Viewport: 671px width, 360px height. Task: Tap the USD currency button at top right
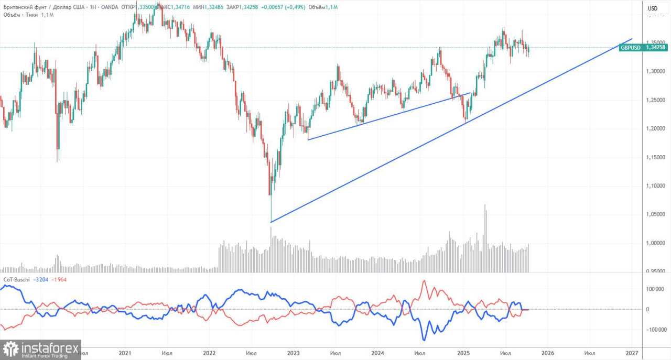tap(652, 8)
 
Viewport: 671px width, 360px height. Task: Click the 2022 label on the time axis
tap(209, 353)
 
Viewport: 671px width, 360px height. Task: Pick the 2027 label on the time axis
tap(632, 353)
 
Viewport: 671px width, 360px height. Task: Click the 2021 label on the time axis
tap(125, 353)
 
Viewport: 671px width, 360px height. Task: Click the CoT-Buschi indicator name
tap(16, 279)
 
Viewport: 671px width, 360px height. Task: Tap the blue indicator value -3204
tap(41, 279)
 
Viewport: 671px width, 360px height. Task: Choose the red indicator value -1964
tap(58, 279)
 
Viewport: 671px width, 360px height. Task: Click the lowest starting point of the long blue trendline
tap(271, 222)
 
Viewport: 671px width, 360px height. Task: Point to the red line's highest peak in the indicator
tap(424, 281)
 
